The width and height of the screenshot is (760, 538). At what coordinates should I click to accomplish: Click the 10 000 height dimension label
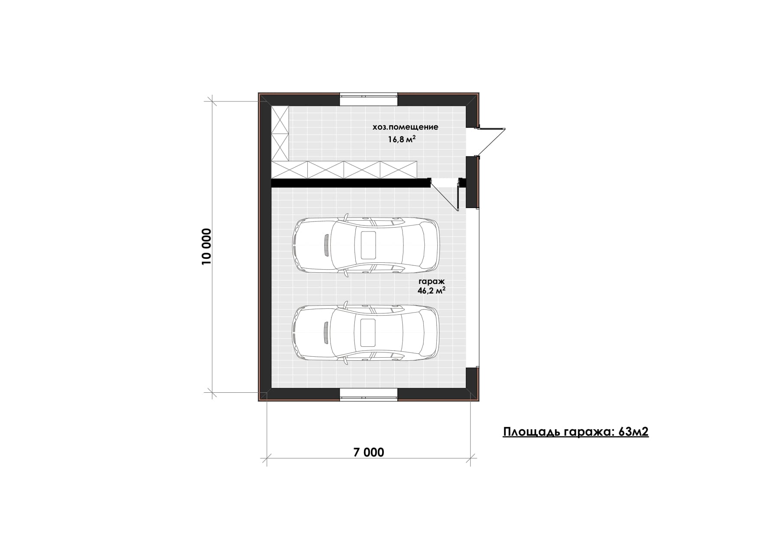coord(206,247)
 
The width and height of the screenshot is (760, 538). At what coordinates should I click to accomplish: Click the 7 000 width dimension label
coord(369,452)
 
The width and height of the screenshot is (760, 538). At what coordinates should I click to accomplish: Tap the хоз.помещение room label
coord(405,127)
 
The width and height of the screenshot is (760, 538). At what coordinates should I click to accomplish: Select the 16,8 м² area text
coord(402,139)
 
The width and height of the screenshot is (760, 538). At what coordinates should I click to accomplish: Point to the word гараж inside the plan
coord(432,282)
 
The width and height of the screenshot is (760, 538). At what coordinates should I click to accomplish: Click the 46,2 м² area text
coord(432,291)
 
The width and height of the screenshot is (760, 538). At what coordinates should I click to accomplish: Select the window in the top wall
coord(368,99)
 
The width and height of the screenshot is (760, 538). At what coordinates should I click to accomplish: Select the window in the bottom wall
coord(368,394)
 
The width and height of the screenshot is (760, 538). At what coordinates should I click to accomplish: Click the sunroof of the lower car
coord(368,333)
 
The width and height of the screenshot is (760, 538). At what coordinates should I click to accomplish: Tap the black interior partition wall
coord(351,183)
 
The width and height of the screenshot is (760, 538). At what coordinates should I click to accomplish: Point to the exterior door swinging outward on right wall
coord(491,142)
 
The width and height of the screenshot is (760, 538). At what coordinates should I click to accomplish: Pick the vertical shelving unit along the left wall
coord(280,134)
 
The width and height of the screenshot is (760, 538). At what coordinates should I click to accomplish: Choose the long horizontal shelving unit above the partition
coord(344,170)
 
